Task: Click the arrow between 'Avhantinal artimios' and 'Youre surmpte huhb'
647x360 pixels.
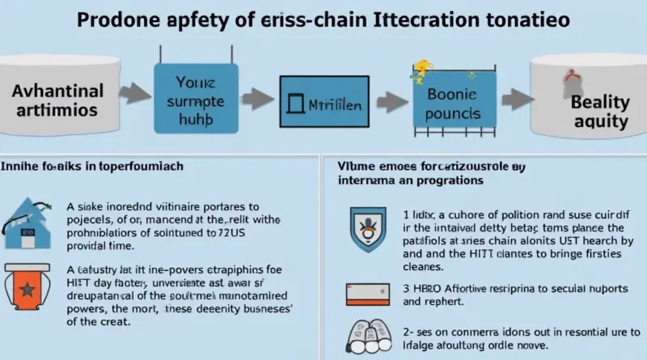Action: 130,100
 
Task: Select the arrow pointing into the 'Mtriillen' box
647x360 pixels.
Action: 257,100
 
